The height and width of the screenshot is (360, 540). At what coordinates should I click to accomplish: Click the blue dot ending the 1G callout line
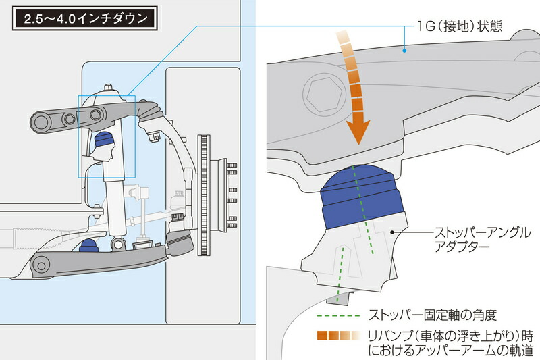[403, 49]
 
